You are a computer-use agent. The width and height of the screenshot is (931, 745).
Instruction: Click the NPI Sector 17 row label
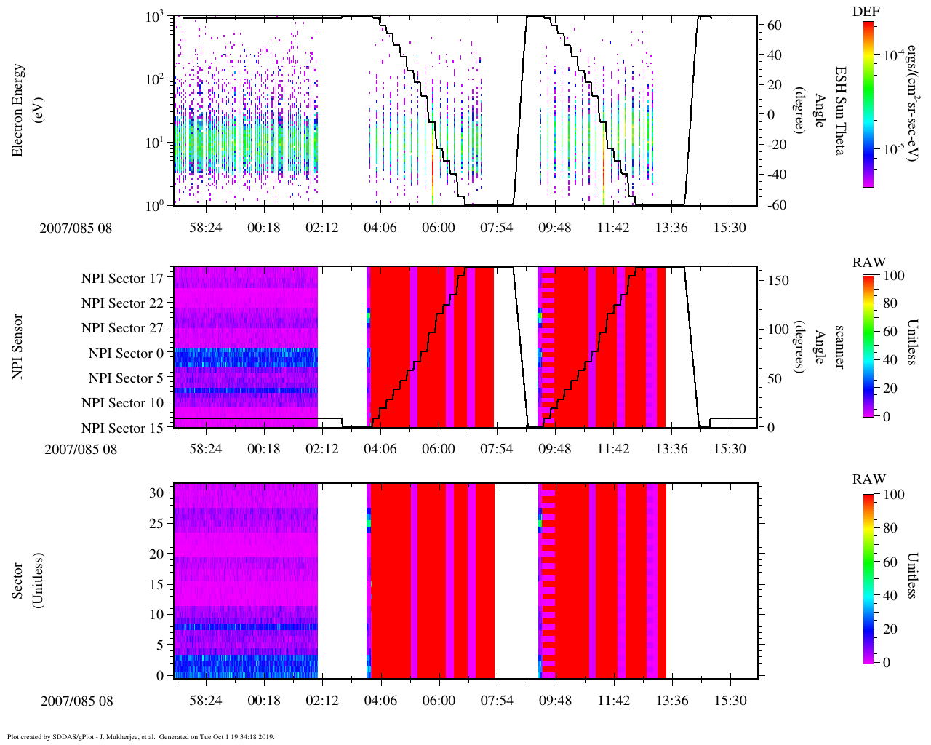point(122,278)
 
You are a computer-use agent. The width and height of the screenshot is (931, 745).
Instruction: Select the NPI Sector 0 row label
point(126,354)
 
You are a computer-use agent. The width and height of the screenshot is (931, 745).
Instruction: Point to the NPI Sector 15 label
point(122,429)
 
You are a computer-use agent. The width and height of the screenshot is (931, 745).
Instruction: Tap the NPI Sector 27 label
point(122,328)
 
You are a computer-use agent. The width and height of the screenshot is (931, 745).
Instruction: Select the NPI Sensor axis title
point(17,347)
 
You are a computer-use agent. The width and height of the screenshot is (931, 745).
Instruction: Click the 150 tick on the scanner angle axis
point(778,280)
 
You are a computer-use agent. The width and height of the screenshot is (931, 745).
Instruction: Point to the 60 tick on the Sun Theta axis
point(775,25)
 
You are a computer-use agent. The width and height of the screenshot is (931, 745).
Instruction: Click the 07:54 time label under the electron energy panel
point(497,228)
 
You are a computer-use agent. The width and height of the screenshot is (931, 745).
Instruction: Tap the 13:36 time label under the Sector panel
point(671,701)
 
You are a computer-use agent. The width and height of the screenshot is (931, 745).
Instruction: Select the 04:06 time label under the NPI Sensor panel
point(380,449)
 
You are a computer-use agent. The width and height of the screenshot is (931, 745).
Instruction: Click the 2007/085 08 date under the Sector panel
point(76,701)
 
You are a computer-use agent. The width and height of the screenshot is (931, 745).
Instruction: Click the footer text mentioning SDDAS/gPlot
point(140,736)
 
